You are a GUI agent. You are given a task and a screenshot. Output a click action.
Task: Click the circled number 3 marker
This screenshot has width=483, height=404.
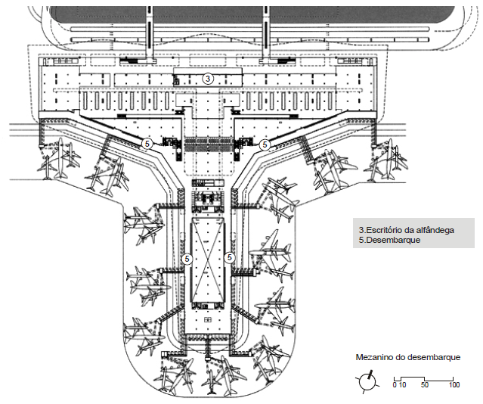(209, 78)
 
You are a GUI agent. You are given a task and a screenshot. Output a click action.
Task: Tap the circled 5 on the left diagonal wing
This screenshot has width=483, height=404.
(148, 143)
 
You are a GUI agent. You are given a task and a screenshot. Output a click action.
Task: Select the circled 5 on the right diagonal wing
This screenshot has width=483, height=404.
(265, 144)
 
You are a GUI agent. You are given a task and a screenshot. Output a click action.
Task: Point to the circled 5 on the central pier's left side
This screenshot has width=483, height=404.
(187, 258)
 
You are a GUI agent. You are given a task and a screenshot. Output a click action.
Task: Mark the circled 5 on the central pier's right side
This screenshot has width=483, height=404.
(231, 258)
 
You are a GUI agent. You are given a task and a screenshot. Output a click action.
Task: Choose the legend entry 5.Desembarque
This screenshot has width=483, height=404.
(389, 240)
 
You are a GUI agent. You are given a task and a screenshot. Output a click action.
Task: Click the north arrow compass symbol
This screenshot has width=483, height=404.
(367, 381)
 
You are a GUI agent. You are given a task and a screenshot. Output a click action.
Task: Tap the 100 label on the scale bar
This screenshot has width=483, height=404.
(454, 385)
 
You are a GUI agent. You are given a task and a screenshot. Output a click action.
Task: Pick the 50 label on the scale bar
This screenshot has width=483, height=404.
(424, 385)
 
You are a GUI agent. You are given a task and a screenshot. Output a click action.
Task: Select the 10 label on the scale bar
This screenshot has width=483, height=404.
(402, 385)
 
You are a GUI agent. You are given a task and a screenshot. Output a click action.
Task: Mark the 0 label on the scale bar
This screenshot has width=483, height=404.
(395, 385)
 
